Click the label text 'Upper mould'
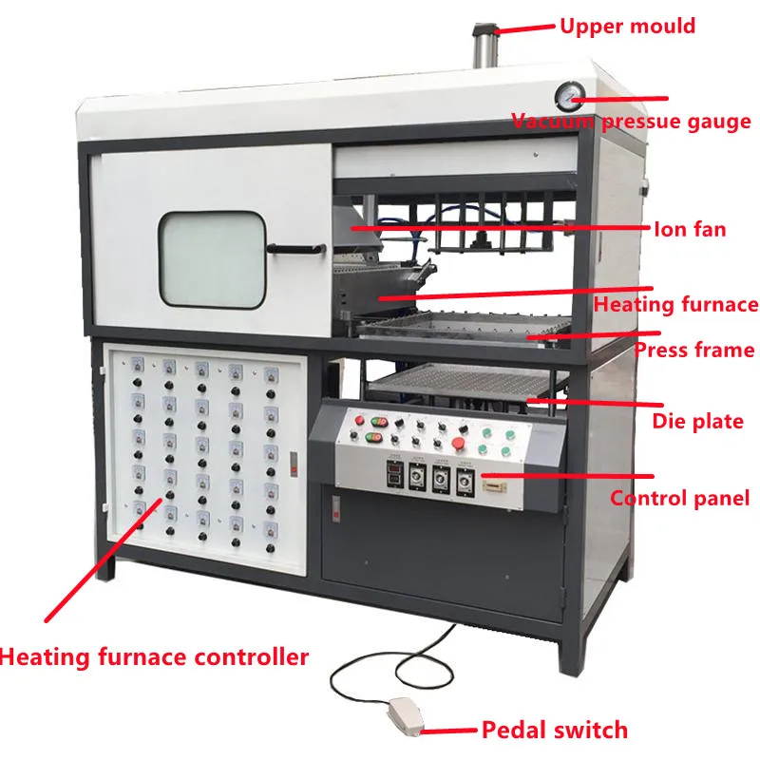(x=627, y=26)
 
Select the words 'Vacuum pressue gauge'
(x=632, y=123)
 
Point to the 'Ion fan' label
(x=690, y=229)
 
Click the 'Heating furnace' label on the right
(x=676, y=305)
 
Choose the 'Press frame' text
(x=694, y=351)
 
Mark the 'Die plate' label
(x=697, y=421)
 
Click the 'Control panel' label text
(x=680, y=498)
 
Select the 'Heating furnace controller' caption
(x=155, y=656)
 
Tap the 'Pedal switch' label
(x=555, y=731)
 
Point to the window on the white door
(x=210, y=258)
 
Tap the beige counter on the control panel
(x=493, y=485)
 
